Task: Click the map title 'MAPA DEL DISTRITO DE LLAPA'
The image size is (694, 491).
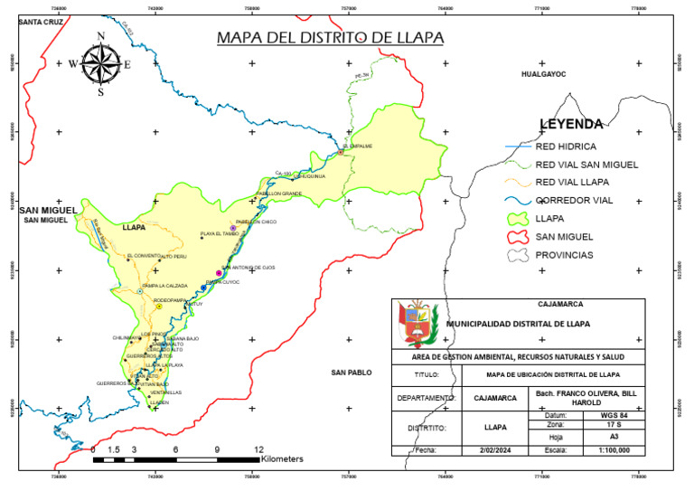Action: tap(330, 38)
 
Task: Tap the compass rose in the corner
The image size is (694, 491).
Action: tap(101, 63)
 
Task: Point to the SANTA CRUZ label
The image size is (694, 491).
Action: tap(43, 20)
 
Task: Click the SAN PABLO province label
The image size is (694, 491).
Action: tap(352, 373)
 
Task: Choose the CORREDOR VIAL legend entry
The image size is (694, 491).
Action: tap(582, 200)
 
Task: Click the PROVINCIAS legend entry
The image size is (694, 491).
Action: tap(564, 255)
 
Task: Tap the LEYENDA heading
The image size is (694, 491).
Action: tap(570, 124)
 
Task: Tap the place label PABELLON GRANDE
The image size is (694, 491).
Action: tap(278, 194)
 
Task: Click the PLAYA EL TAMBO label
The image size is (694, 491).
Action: tap(220, 233)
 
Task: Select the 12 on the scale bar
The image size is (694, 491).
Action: tap(259, 449)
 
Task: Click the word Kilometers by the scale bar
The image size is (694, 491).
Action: tap(282, 459)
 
